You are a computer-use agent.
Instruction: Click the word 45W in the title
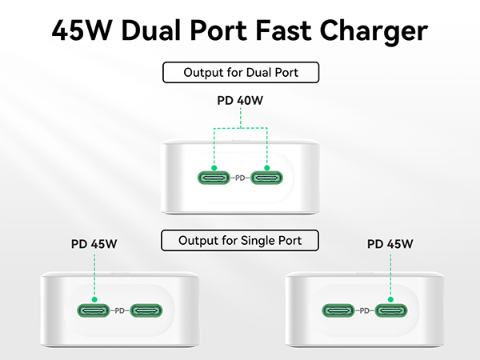point(82,30)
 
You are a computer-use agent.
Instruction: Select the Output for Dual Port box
point(241,73)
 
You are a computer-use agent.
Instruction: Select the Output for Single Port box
point(240,241)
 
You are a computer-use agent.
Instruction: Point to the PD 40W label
point(240,101)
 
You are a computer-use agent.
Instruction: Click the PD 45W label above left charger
point(94,244)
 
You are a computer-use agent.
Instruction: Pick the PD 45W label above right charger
point(390,244)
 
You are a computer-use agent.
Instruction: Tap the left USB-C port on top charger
point(214,178)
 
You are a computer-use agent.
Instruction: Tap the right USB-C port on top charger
point(266,178)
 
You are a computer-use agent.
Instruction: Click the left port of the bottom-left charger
point(94,310)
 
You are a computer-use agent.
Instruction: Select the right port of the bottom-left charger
point(146,310)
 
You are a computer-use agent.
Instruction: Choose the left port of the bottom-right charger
point(338,310)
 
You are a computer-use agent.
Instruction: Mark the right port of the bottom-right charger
point(391,310)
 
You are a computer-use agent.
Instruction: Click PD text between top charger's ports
point(240,178)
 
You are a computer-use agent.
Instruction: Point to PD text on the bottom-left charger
point(120,310)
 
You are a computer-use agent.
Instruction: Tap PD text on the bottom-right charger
point(365,310)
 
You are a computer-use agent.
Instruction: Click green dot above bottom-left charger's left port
point(94,299)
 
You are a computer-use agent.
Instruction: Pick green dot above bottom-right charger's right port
point(390,299)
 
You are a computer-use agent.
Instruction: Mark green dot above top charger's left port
point(214,168)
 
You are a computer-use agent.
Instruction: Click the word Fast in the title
point(283,30)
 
